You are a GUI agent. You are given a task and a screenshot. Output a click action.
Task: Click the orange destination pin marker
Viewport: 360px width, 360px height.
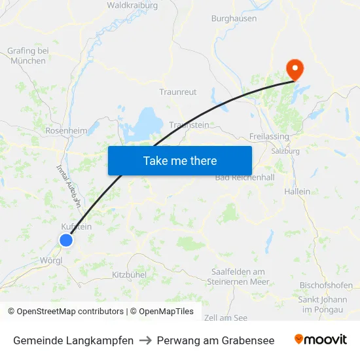(295, 68)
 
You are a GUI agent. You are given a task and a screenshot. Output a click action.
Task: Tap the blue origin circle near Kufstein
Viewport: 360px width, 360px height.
(66, 240)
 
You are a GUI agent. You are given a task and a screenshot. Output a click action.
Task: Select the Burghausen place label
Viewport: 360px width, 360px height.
(234, 18)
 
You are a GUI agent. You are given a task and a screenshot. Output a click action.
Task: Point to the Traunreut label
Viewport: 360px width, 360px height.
(178, 92)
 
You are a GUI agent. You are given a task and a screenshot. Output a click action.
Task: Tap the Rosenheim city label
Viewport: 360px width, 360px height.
(66, 131)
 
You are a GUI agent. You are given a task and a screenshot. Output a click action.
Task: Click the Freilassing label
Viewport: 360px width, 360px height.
(270, 137)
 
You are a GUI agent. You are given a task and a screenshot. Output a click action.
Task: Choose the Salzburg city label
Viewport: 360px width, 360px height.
(285, 151)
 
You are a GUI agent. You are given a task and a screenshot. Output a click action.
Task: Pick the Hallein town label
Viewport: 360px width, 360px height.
(297, 191)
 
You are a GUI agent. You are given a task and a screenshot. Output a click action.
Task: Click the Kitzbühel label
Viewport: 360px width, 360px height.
(129, 275)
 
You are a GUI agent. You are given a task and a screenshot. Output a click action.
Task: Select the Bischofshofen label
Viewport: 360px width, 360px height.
(326, 286)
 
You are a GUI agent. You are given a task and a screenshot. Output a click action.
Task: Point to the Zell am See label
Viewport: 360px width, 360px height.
(225, 317)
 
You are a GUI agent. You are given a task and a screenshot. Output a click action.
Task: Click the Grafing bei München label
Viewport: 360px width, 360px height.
(28, 56)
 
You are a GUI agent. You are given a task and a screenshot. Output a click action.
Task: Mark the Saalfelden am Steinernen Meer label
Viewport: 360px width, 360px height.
(238, 277)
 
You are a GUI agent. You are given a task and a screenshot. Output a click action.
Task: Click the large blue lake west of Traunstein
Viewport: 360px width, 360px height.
(149, 121)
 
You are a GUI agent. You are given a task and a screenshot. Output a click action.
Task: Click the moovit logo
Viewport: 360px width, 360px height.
(321, 340)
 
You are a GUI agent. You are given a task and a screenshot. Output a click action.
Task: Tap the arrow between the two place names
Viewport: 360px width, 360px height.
(145, 340)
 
